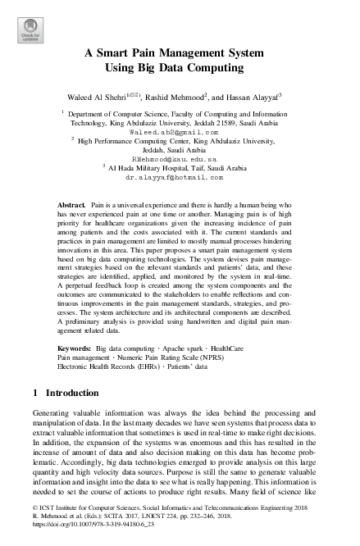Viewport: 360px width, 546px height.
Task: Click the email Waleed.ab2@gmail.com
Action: coord(174,131)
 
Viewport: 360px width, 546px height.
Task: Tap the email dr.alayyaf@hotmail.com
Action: coord(174,176)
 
